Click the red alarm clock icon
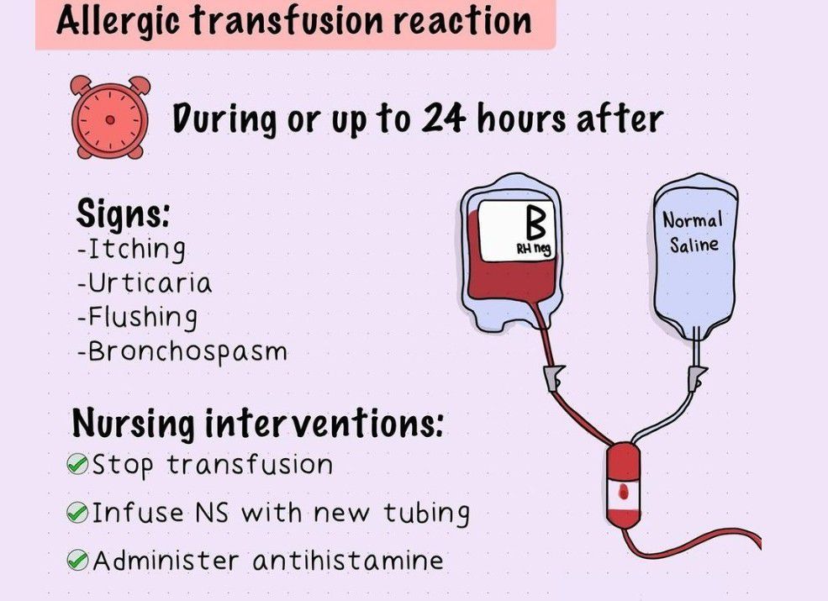tap(110, 117)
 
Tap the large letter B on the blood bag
tap(535, 223)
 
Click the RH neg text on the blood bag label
tap(533, 248)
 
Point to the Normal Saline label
tap(693, 232)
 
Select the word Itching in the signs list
tap(136, 249)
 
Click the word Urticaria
tap(150, 282)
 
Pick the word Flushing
tap(143, 318)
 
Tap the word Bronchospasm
tap(187, 351)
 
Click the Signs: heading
tap(123, 214)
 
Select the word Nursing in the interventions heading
tap(133, 424)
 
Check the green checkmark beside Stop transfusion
tap(77, 465)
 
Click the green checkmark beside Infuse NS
tap(77, 512)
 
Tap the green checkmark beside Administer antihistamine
tap(77, 560)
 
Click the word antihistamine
tap(348, 560)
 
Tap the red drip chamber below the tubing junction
tap(624, 485)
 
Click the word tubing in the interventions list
tap(426, 514)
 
